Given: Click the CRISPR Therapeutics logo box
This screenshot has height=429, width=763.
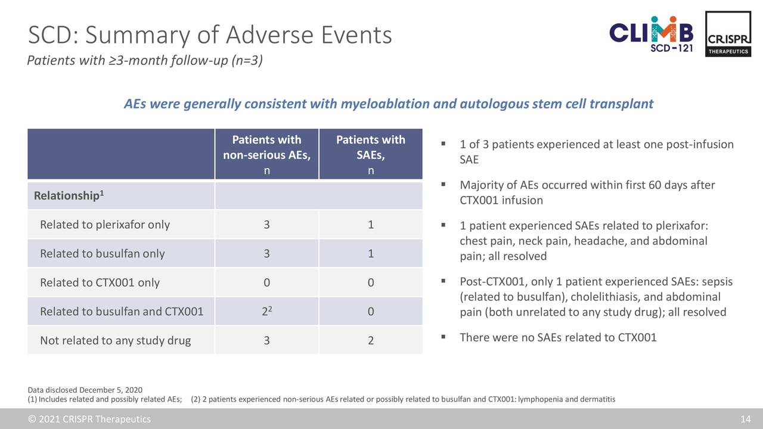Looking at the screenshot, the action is (728, 34).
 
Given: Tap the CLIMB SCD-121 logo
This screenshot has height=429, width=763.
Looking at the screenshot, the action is (651, 34).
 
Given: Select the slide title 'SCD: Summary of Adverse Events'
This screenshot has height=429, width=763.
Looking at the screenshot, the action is (210, 35).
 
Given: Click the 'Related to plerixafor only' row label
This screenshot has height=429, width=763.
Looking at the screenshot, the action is (105, 225).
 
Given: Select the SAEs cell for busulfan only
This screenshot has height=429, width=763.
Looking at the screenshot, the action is (371, 253).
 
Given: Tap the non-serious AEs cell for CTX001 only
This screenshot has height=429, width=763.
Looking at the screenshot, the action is (266, 282).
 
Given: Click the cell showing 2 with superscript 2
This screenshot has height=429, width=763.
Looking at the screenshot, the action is (266, 311).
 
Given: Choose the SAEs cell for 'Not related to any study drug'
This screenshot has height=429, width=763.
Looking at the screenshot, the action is (371, 340).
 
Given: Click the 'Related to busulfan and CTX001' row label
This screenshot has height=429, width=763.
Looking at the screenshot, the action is (122, 312).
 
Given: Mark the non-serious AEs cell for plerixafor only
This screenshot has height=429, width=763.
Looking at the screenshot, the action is (266, 225).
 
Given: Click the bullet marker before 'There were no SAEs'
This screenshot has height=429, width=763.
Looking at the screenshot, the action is (443, 337).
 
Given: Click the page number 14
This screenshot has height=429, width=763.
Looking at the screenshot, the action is (746, 419).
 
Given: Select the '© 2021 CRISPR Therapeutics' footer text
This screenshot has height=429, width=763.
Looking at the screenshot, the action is (89, 419).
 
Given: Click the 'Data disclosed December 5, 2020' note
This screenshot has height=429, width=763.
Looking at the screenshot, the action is (85, 390).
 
